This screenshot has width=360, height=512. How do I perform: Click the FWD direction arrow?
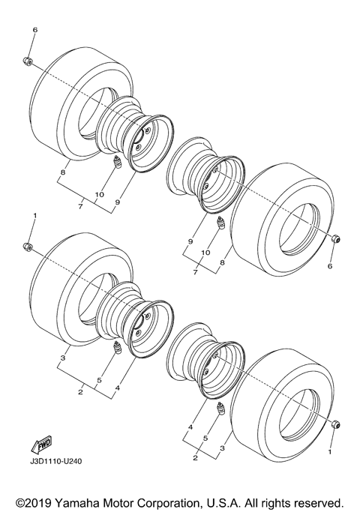[37, 445]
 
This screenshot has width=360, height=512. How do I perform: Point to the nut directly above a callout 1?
[334, 426]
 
